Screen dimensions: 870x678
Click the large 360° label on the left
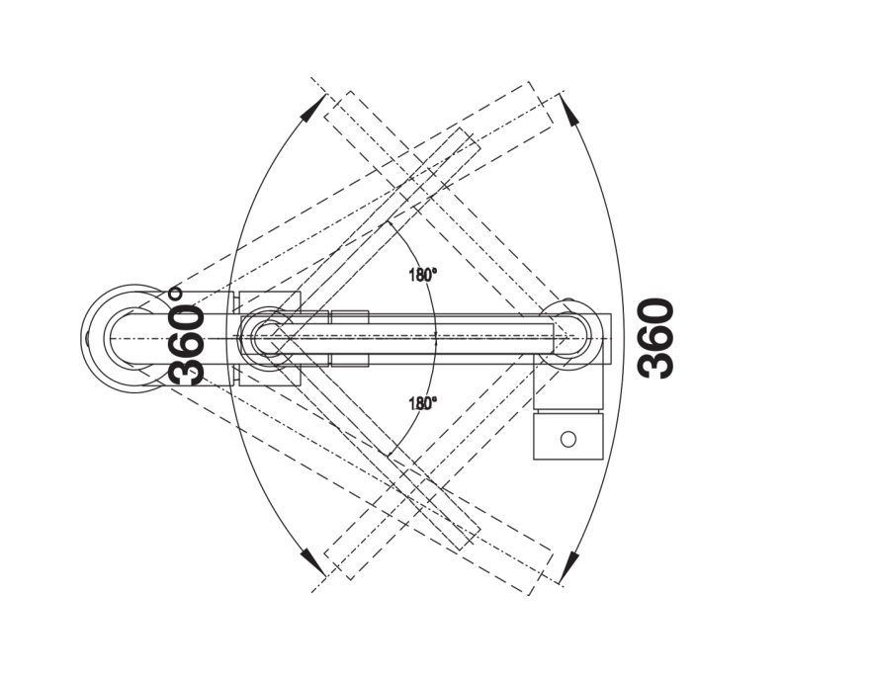pyautogui.click(x=187, y=336)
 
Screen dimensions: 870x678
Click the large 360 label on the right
pyautogui.click(x=656, y=338)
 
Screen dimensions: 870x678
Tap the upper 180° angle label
pyautogui.click(x=423, y=275)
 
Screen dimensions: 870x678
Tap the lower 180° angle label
pyautogui.click(x=423, y=403)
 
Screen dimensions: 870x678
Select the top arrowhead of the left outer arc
pyautogui.click(x=313, y=107)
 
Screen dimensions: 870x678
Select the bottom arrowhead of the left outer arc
pyautogui.click(x=313, y=562)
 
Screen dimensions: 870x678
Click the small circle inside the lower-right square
pyautogui.click(x=567, y=439)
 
